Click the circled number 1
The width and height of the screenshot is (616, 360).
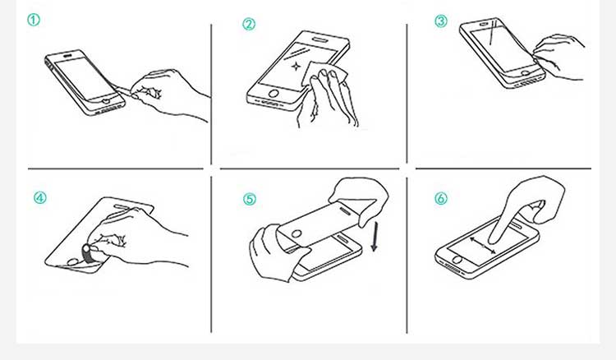[x=34, y=19]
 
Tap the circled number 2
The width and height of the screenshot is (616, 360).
[x=249, y=24]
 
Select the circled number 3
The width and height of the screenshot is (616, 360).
[x=441, y=21]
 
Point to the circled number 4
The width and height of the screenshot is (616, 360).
[x=39, y=197]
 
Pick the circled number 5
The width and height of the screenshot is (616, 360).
[x=249, y=199]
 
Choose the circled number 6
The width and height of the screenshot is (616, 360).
[x=441, y=198]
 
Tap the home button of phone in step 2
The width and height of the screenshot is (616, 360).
[x=274, y=94]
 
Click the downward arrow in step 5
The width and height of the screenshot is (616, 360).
[x=375, y=236]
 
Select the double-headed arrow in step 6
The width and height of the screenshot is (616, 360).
[x=483, y=245]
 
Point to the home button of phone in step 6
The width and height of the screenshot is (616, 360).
[x=457, y=260]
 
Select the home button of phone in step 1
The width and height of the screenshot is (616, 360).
[x=106, y=101]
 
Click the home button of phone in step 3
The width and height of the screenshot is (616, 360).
[x=526, y=72]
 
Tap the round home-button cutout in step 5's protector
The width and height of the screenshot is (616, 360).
[x=297, y=234]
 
